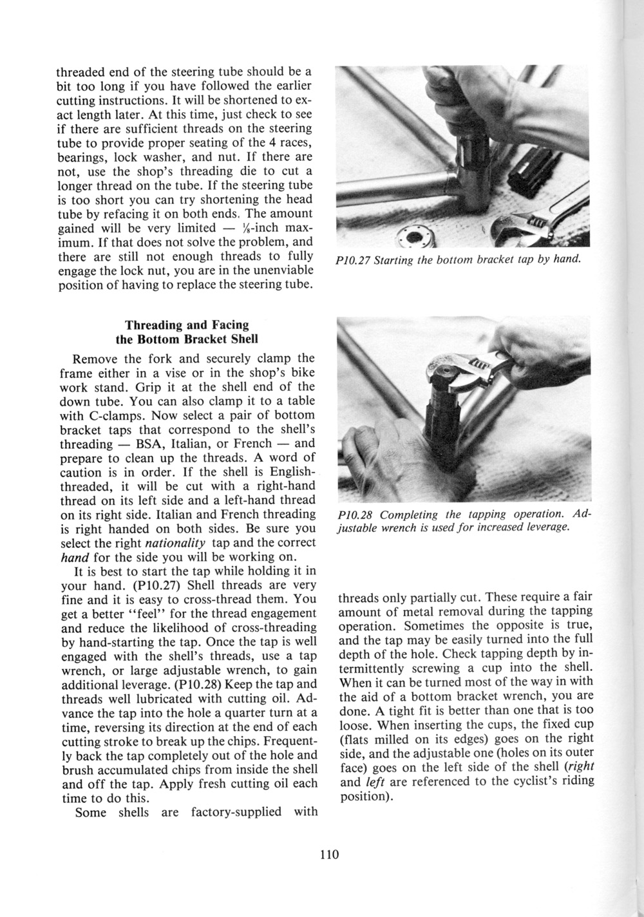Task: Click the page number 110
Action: pyautogui.click(x=328, y=855)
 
